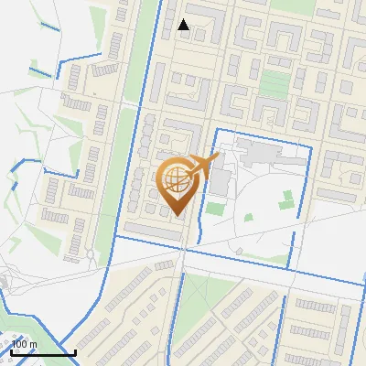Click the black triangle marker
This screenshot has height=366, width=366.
pyautogui.click(x=184, y=25)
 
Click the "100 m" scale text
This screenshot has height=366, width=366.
pyautogui.click(x=25, y=344)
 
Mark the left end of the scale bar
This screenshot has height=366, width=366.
pyautogui.click(x=12, y=351)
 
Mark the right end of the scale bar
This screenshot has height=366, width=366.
pyautogui.click(x=75, y=351)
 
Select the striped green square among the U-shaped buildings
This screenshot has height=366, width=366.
pyautogui.click(x=272, y=83)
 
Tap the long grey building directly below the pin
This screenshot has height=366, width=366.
pyautogui.click(x=154, y=230)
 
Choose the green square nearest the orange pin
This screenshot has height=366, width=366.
pyautogui.click(x=215, y=209)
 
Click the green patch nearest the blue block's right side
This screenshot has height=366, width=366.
pyautogui.click(x=286, y=199)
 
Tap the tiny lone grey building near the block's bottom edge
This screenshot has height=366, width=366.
pyautogui.click(x=238, y=250)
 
